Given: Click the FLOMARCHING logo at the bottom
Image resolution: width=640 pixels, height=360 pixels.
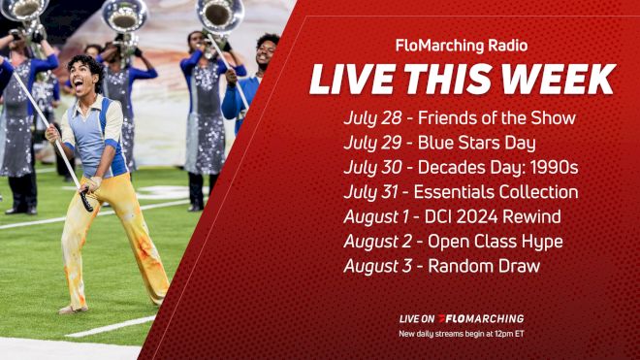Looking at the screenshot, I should tap(481, 318).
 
